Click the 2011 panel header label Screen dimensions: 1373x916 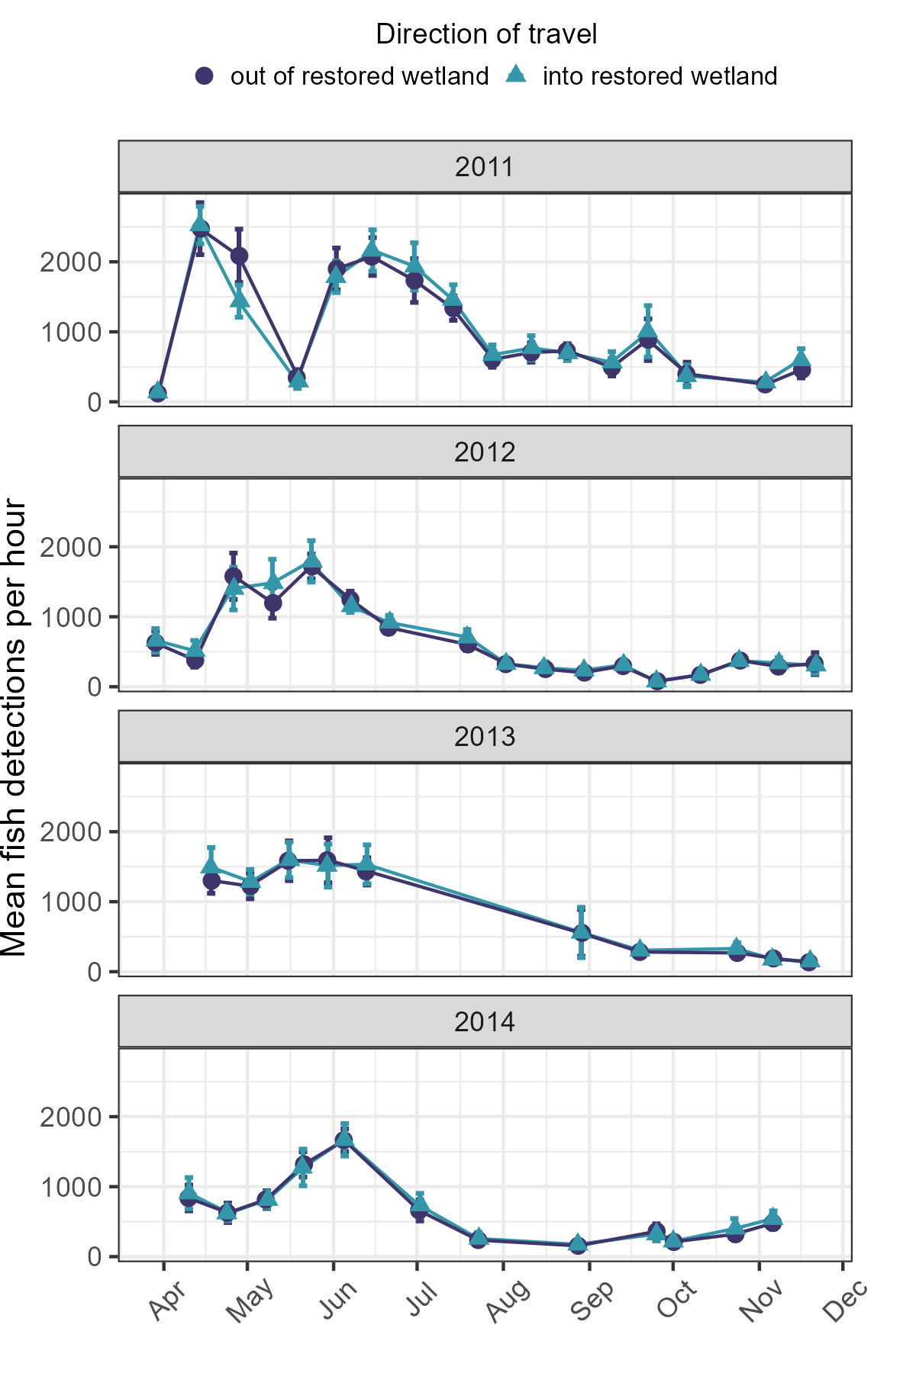[x=485, y=167]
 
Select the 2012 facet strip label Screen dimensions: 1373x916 [x=485, y=452]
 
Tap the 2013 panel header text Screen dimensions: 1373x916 [x=485, y=737]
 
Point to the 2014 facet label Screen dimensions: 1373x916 [x=485, y=1022]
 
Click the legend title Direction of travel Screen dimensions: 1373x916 [x=486, y=34]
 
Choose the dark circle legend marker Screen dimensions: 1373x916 [x=205, y=76]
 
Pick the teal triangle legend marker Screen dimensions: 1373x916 [x=517, y=75]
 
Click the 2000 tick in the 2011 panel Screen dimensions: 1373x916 [x=70, y=262]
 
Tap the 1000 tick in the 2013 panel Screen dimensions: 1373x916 [x=70, y=902]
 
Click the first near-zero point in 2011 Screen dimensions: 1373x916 [x=157, y=392]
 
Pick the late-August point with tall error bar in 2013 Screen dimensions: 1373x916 [x=581, y=932]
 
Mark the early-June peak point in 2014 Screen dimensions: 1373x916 [x=343, y=1140]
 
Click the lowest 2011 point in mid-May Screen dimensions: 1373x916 [x=297, y=378]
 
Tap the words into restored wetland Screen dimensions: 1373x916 [x=660, y=76]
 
